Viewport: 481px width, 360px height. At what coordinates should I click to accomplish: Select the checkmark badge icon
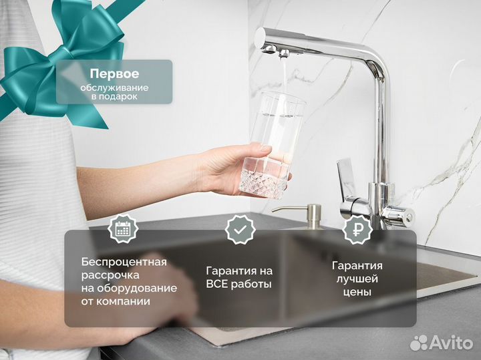(239, 230)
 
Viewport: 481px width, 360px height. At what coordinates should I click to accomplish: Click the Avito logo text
(452, 343)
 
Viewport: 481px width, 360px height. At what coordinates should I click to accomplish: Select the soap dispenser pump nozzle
(281, 210)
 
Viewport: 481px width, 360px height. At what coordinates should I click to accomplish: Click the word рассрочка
(111, 275)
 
